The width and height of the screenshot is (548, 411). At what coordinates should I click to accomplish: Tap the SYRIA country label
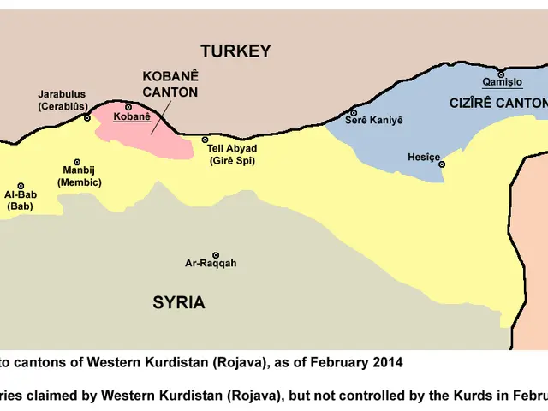click(x=179, y=302)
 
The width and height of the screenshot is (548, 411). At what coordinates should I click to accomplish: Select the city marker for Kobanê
click(x=128, y=107)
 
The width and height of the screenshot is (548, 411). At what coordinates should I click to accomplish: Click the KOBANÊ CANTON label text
click(x=170, y=83)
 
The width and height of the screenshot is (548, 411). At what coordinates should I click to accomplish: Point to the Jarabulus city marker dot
click(x=86, y=118)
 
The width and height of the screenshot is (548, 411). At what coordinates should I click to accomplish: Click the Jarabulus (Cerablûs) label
click(x=61, y=100)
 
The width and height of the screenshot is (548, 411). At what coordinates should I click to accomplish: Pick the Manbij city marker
click(x=77, y=162)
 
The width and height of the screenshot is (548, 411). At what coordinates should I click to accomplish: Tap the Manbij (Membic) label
click(x=79, y=176)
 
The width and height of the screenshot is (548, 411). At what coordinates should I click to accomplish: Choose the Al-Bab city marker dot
click(x=21, y=186)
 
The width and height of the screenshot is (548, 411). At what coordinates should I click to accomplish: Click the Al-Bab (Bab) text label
click(x=21, y=200)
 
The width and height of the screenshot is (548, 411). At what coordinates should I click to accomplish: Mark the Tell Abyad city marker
click(x=205, y=140)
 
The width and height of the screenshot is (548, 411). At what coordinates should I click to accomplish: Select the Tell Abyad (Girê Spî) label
click(x=231, y=154)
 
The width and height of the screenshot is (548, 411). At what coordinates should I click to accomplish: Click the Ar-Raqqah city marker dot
click(x=215, y=255)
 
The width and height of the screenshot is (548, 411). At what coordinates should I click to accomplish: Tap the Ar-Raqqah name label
click(x=211, y=264)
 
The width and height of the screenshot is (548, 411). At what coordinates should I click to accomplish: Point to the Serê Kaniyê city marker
click(x=353, y=112)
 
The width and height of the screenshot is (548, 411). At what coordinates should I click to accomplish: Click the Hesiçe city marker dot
click(x=442, y=164)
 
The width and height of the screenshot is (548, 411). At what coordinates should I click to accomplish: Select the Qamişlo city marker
click(x=501, y=74)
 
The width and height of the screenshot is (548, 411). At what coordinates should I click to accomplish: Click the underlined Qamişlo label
click(x=502, y=83)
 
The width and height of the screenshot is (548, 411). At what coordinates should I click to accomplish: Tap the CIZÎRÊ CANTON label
click(x=497, y=103)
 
